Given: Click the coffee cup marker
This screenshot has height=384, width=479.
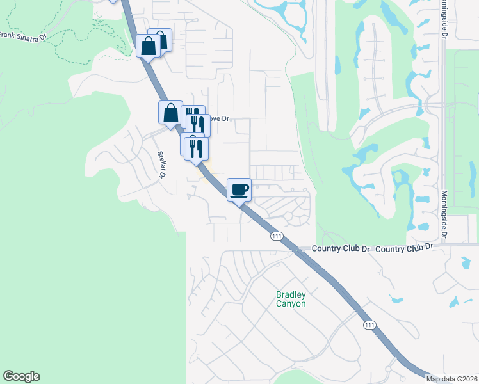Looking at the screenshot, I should pyautogui.click(x=239, y=189).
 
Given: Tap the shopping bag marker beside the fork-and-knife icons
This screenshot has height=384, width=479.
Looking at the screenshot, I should pyautogui.click(x=171, y=113).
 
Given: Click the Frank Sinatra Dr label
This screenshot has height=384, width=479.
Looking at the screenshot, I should pyautogui.click(x=24, y=36).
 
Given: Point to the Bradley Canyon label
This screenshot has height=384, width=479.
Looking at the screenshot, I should pyautogui.click(x=291, y=299).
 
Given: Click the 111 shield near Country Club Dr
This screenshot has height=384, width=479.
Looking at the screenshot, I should pyautogui.click(x=276, y=236).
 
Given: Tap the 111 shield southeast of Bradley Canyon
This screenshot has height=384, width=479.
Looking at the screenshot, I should pyautogui.click(x=369, y=326).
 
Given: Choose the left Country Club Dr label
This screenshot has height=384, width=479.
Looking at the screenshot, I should pyautogui.click(x=342, y=248).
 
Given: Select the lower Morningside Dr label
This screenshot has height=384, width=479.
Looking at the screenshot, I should pyautogui.click(x=443, y=216).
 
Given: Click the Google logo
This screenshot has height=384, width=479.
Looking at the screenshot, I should pyautogui.click(x=21, y=376).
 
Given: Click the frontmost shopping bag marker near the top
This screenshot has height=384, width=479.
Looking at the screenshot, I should pyautogui.click(x=148, y=46).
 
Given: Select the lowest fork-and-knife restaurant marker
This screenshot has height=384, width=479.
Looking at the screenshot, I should pyautogui.click(x=196, y=148).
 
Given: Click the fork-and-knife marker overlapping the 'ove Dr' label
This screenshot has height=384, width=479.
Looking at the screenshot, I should pyautogui.click(x=198, y=124).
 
